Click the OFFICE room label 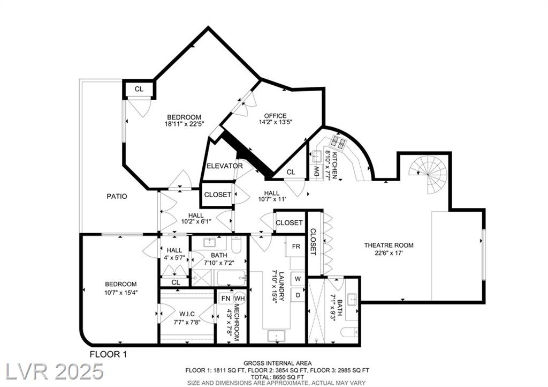(x=275, y=116)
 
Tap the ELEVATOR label (x=224, y=166)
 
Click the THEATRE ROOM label (x=389, y=245)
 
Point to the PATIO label (x=117, y=196)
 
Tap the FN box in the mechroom (x=226, y=299)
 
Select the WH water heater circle (x=240, y=299)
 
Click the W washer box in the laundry (x=298, y=279)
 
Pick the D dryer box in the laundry (x=298, y=295)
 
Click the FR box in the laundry (x=295, y=247)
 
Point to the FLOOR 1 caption (x=108, y=354)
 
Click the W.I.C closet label (x=187, y=314)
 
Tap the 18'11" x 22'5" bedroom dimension (x=184, y=123)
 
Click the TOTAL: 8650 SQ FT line (x=278, y=377)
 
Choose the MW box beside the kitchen (x=317, y=171)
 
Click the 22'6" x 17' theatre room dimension (x=389, y=252)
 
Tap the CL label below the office (x=291, y=172)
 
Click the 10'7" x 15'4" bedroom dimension (x=121, y=292)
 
